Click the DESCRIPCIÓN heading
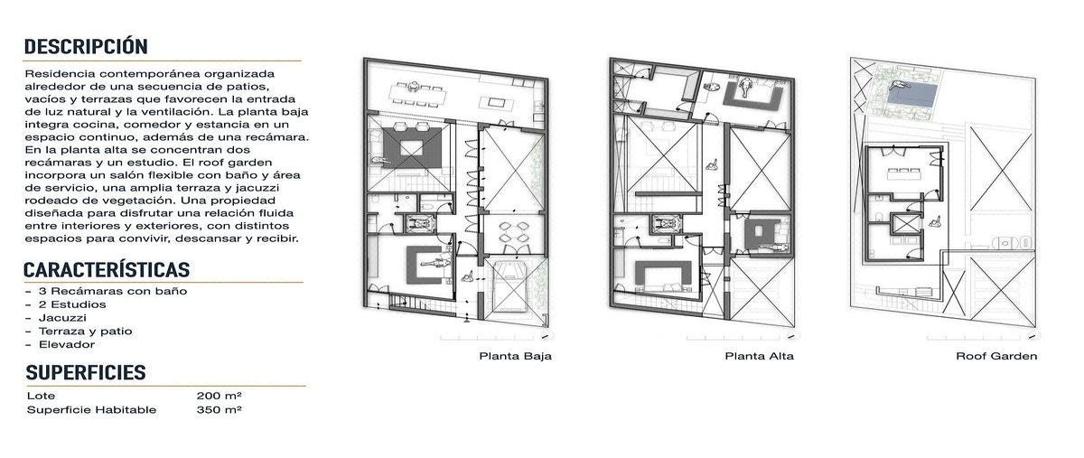(x=86, y=46)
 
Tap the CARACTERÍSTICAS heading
(x=107, y=270)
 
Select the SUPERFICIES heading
(x=86, y=372)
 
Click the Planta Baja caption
(x=515, y=356)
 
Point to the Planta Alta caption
(x=760, y=356)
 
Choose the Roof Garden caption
(x=996, y=356)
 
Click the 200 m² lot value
(x=219, y=396)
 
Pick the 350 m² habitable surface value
(x=219, y=409)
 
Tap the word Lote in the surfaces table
(x=41, y=396)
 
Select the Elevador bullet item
(x=67, y=344)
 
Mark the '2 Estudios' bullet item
(x=72, y=304)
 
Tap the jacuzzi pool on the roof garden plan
(x=912, y=95)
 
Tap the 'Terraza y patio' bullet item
(x=85, y=332)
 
